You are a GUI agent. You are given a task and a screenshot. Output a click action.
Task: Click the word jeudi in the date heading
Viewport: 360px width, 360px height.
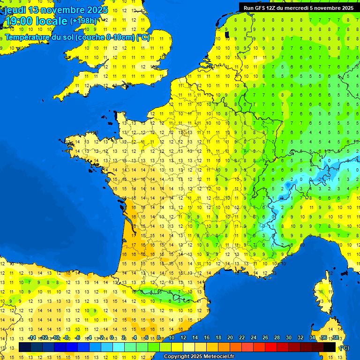pos(15,10)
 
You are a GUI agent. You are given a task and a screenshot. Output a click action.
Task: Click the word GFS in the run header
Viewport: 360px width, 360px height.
pos(259,8)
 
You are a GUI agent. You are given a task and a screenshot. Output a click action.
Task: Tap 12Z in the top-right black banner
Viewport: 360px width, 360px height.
pos(272,8)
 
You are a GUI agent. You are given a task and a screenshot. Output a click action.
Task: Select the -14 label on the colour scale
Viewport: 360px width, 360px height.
pos(32,338)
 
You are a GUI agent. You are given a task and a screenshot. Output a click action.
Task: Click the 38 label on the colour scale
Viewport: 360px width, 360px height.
pos(335,338)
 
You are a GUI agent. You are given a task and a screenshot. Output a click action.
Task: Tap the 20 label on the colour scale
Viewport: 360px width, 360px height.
pos(230,338)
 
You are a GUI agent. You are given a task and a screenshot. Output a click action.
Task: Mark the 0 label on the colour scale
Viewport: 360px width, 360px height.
pos(112,338)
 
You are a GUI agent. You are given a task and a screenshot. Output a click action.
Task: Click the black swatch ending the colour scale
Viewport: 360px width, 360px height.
pos(330,347)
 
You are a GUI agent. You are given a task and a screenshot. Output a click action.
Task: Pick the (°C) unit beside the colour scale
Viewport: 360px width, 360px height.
pos(344,347)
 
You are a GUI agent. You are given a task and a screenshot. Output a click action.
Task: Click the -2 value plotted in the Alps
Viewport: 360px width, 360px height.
pos(319,179)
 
